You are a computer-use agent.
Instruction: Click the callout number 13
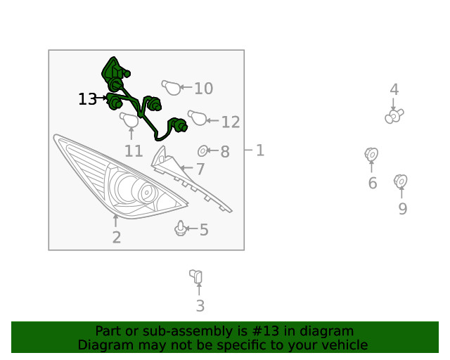[x=87, y=99]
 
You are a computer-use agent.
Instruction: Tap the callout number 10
[x=203, y=89]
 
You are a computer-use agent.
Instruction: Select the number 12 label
[x=231, y=122]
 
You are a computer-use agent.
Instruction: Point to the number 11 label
[x=134, y=151]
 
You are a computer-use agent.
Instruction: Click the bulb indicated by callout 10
[x=172, y=87]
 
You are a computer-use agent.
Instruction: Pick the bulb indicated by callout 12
[x=197, y=117]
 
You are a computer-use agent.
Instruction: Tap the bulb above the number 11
[x=129, y=120]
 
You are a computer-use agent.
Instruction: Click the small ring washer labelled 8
[x=203, y=150]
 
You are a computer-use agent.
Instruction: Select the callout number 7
[x=200, y=169]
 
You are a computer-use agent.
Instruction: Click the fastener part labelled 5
[x=180, y=229]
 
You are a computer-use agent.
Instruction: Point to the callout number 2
[x=117, y=238]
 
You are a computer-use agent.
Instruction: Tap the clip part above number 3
[x=196, y=276]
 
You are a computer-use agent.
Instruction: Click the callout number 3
[x=200, y=306]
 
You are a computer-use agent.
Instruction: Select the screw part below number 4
[x=394, y=116]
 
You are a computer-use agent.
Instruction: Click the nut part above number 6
[x=371, y=155]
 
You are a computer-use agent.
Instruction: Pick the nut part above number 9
[x=401, y=181]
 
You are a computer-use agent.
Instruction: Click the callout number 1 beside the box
[x=259, y=150]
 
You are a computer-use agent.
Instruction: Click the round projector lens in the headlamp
[x=147, y=192]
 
